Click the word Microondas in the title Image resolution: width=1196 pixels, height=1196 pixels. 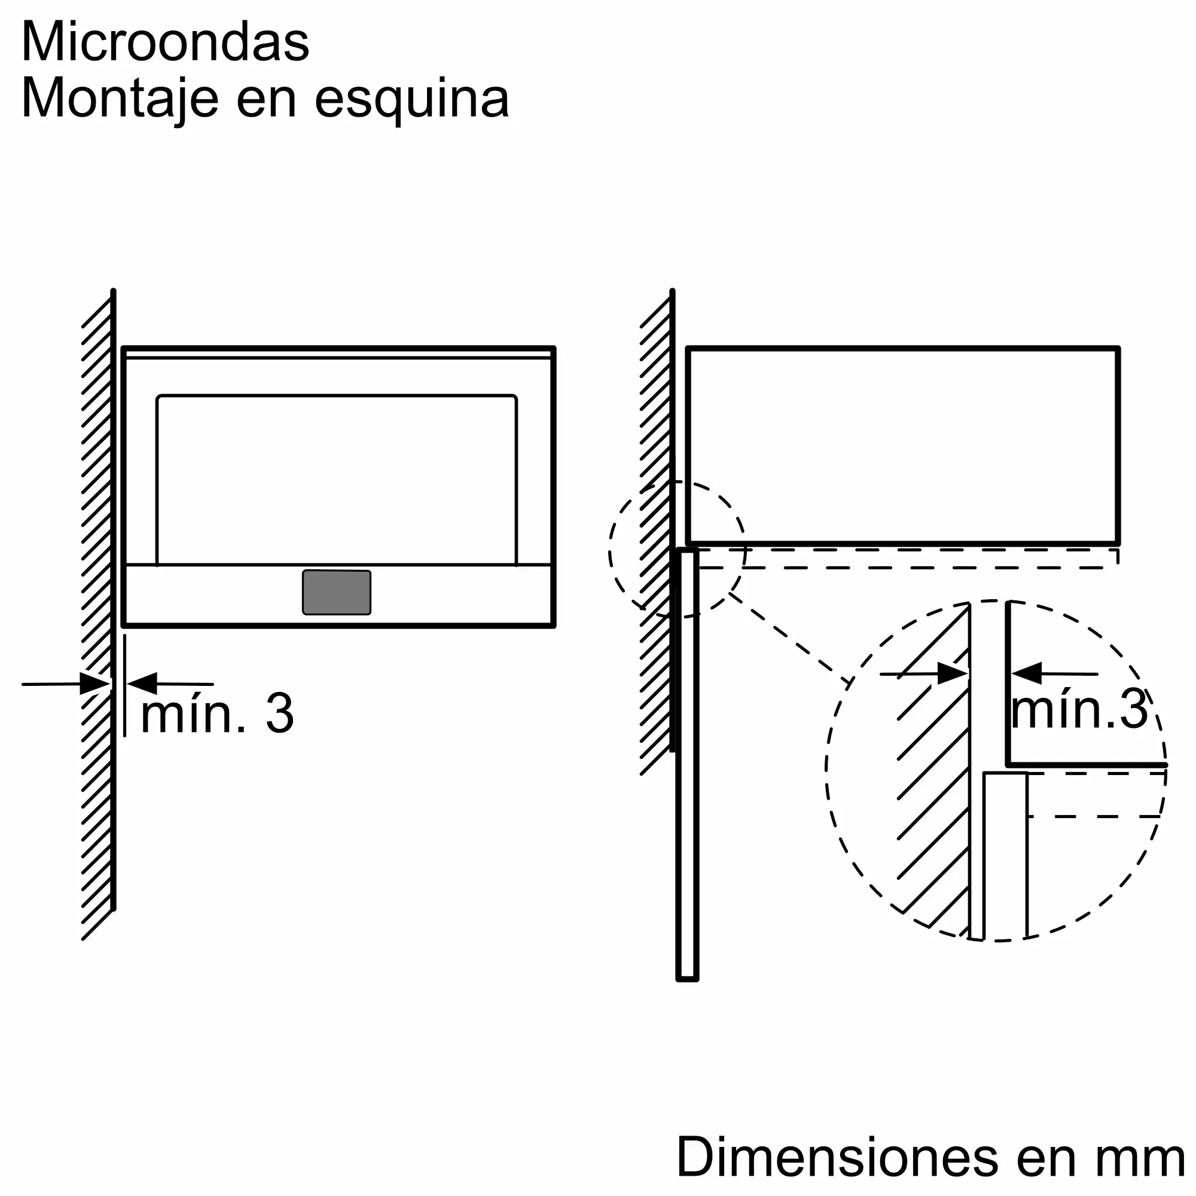[165, 42]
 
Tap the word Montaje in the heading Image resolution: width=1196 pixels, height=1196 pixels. [120, 100]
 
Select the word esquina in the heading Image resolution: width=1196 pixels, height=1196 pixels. [411, 100]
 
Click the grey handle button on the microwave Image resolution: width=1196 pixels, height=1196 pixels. [337, 593]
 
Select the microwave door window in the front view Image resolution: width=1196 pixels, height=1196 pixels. [337, 480]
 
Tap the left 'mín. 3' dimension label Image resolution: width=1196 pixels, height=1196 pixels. [217, 715]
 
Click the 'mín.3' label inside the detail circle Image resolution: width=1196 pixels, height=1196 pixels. [1079, 710]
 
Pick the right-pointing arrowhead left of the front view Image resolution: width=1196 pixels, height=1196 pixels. [94, 684]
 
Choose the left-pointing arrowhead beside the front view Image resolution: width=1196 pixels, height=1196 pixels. [142, 684]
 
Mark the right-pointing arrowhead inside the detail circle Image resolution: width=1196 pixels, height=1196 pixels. [953, 673]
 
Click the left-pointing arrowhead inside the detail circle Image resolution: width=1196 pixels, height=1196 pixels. [1026, 673]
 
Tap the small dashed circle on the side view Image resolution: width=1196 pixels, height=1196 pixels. [676, 549]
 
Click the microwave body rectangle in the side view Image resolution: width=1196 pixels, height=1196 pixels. [903, 446]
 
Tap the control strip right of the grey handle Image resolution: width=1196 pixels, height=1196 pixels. [460, 594]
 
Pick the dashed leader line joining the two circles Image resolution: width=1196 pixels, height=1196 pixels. [791, 639]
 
